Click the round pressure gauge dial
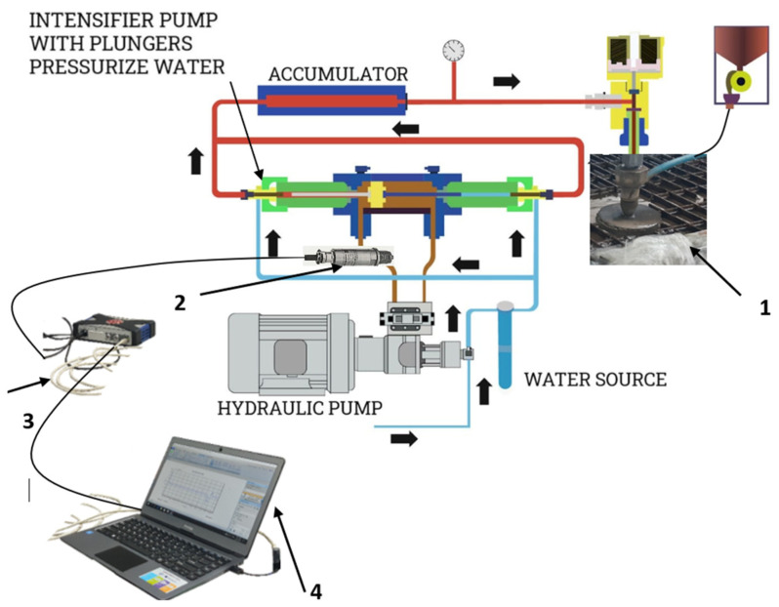point(453,50)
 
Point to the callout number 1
point(765,306)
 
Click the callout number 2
point(179,303)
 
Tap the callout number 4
point(315,589)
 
